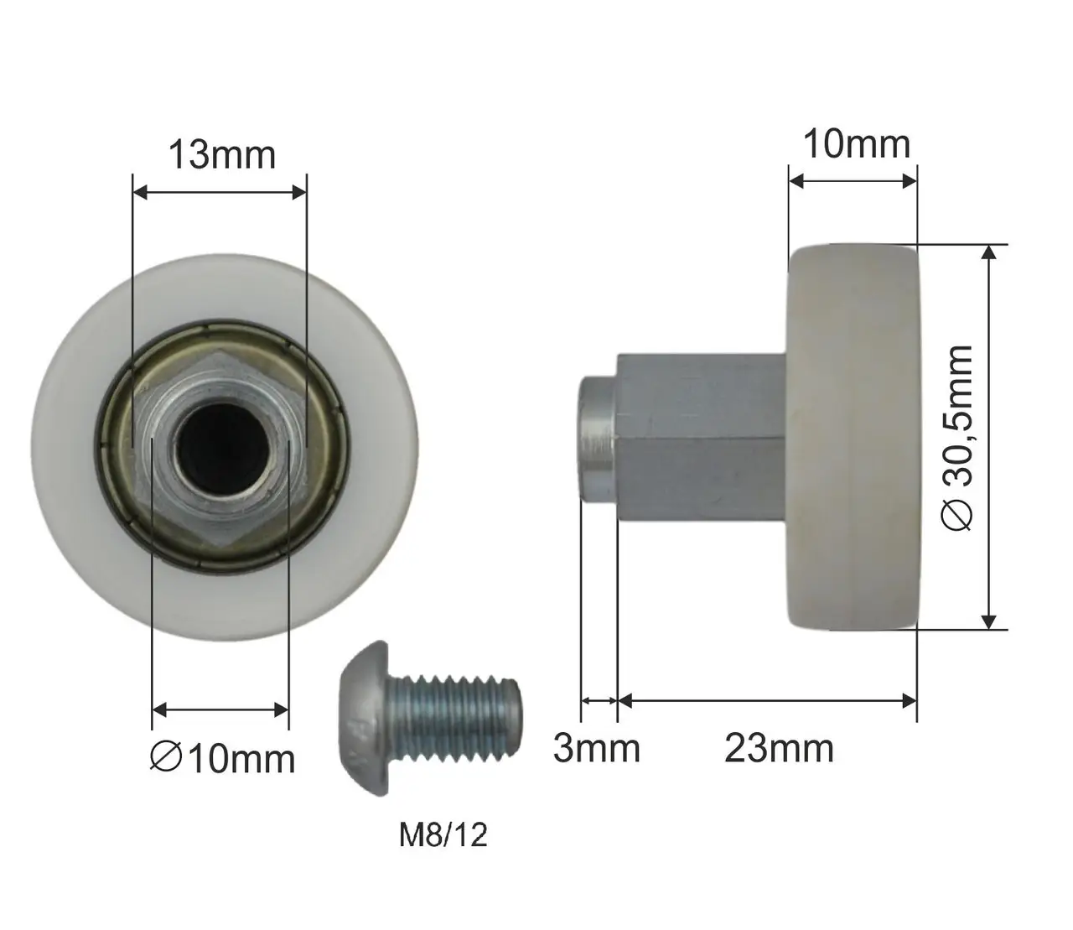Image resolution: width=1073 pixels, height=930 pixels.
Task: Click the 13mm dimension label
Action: point(222,155)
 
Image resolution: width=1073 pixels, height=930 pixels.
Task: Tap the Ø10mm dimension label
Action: point(222,759)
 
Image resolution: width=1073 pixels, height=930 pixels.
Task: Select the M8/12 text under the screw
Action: point(443,835)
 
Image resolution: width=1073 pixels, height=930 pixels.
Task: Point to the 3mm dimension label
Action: point(597,748)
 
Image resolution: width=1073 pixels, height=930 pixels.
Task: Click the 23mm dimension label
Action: point(779,748)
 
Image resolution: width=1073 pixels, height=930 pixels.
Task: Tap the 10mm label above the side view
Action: point(857,144)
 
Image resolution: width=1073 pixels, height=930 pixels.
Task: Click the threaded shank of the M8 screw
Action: point(454,720)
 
